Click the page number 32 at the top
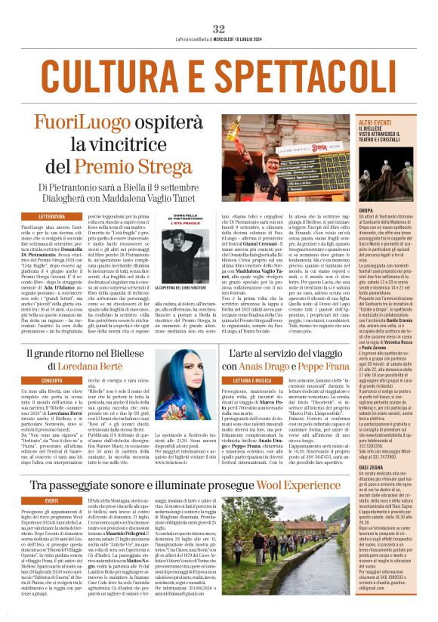pos(218,7)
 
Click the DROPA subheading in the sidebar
pos(367,231)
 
